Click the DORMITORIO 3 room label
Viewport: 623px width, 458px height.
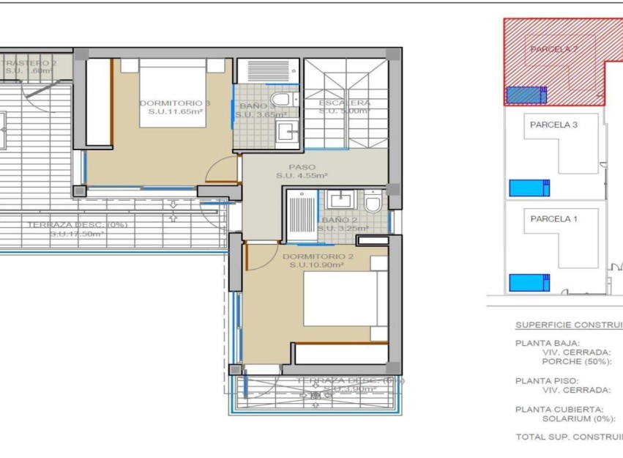(174, 103)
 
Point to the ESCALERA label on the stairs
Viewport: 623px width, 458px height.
(344, 103)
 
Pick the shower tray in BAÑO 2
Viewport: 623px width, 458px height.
(300, 215)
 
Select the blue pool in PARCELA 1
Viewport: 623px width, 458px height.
(529, 282)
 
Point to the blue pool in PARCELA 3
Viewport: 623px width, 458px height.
(529, 188)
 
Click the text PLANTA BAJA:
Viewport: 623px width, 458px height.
(548, 342)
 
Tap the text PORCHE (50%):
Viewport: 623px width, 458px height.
(575, 361)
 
